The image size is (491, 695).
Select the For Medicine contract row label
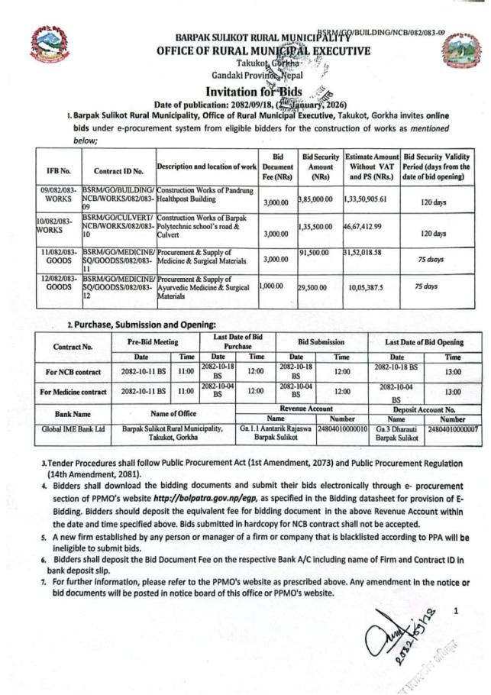click(73, 393)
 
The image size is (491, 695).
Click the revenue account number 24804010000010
click(343, 430)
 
